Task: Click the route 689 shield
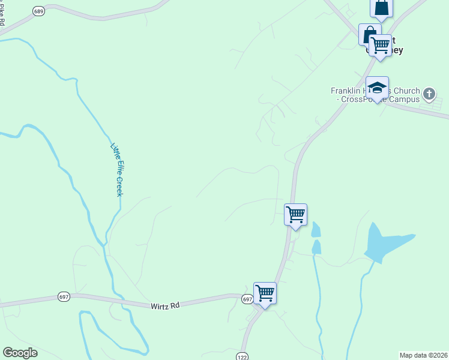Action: tap(39, 12)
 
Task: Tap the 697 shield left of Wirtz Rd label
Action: tap(64, 296)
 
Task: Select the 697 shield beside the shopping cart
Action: tap(247, 299)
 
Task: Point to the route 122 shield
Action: tap(243, 355)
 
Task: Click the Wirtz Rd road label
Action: tap(165, 305)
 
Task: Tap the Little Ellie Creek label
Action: tap(117, 169)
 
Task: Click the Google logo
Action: tap(20, 353)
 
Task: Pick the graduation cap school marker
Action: tap(377, 88)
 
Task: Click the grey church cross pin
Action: tap(429, 94)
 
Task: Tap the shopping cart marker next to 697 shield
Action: tap(265, 293)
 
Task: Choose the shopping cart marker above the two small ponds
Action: tap(295, 214)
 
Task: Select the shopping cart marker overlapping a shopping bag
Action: tap(381, 46)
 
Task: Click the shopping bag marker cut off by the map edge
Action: tap(382, 8)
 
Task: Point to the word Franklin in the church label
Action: tap(344, 91)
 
